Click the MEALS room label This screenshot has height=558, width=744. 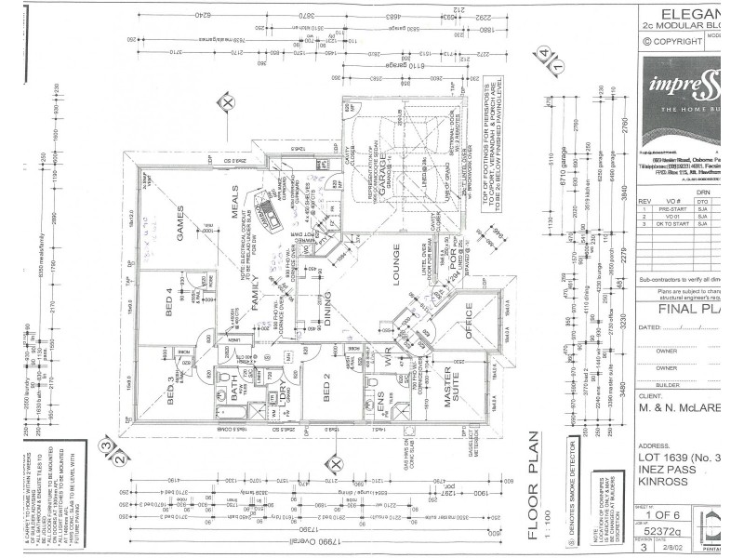tap(220, 207)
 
